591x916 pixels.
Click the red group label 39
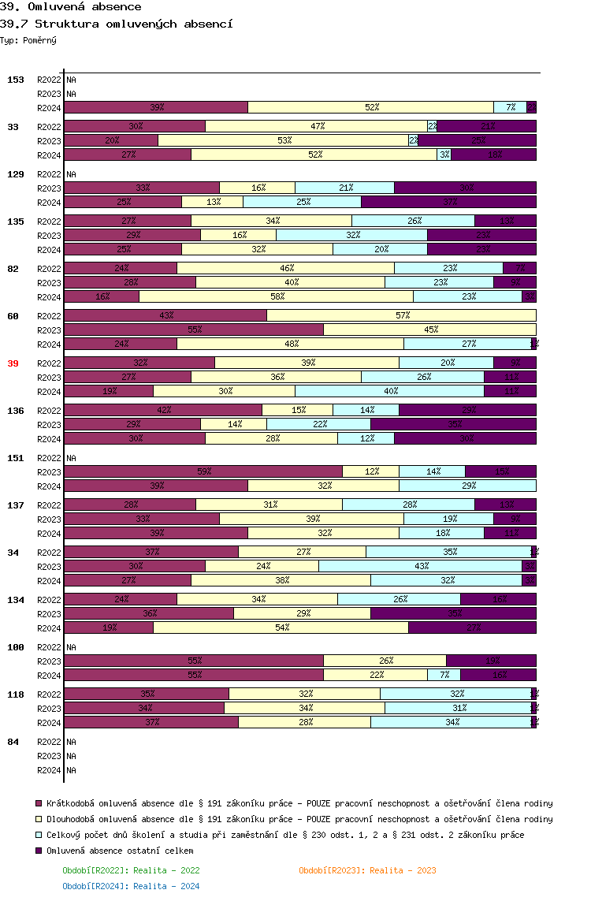(x=13, y=363)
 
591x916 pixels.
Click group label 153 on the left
(x=16, y=80)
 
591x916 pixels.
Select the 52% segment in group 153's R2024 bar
(x=371, y=107)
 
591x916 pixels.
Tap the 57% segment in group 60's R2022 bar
(x=402, y=315)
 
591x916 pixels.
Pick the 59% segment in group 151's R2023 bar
(x=203, y=471)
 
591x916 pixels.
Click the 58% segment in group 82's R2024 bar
(x=276, y=296)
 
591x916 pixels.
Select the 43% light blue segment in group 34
(x=421, y=566)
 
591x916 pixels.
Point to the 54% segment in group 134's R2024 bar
(x=281, y=627)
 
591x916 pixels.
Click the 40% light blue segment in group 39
(x=389, y=391)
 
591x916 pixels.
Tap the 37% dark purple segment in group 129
(x=449, y=202)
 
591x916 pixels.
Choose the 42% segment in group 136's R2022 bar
(x=163, y=410)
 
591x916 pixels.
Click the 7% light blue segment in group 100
(x=444, y=675)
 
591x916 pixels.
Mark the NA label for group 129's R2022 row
(x=71, y=174)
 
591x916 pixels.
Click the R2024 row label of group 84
(x=49, y=770)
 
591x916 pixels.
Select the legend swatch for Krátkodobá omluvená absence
(x=39, y=803)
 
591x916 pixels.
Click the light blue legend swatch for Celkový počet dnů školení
(x=39, y=835)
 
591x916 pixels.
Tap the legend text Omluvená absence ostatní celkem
(x=120, y=851)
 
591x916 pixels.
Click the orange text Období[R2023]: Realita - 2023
(x=367, y=870)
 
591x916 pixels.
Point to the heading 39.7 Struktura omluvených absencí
(x=117, y=24)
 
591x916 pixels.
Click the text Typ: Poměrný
(x=28, y=39)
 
